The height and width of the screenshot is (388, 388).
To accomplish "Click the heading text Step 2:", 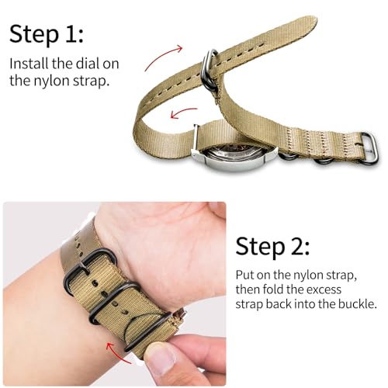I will (273, 247).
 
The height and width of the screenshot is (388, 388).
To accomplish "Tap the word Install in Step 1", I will (29, 64).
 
